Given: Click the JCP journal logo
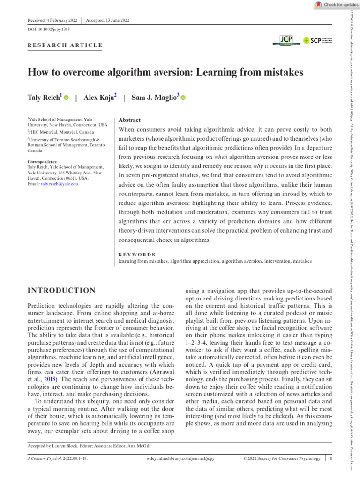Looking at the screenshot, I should (x=286, y=40).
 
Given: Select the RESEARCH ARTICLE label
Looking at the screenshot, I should (x=65, y=45).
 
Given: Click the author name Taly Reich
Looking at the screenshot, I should (x=45, y=97).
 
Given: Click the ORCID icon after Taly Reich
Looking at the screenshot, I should (x=66, y=98).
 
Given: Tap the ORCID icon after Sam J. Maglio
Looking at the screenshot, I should (x=183, y=98).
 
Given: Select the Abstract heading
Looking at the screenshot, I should (x=130, y=120).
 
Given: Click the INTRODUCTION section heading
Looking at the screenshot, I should (x=62, y=291).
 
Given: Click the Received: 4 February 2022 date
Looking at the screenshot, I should (x=53, y=21).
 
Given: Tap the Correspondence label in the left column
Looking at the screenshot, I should (x=42, y=162).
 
